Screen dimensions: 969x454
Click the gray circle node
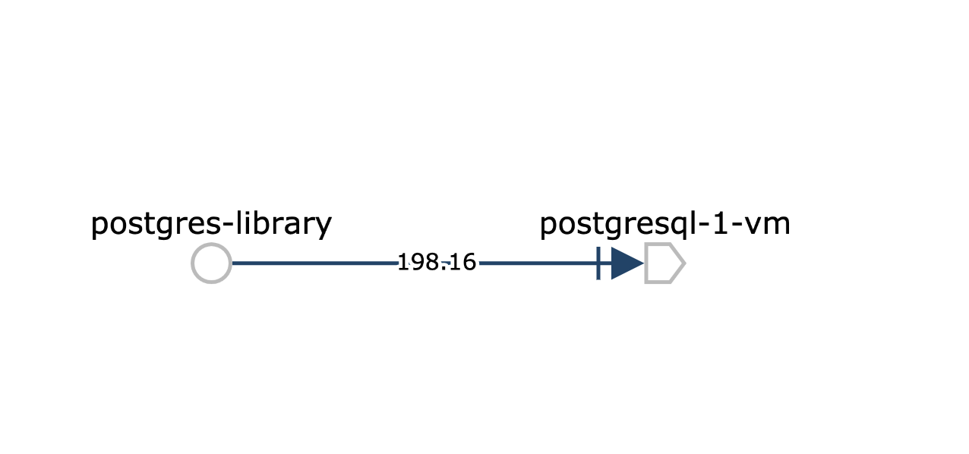point(211,244)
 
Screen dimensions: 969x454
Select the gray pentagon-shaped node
point(645,263)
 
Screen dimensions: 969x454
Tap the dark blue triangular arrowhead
point(627,263)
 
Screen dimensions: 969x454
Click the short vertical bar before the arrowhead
point(598,263)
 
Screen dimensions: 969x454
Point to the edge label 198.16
point(437,263)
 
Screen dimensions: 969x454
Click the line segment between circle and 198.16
point(314,263)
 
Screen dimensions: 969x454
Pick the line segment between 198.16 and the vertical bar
point(538,263)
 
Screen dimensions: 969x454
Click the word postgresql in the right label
point(616,225)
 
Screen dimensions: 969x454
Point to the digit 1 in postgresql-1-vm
point(719,223)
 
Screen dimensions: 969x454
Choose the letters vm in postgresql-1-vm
point(768,226)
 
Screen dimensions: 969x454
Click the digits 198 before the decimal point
point(418,263)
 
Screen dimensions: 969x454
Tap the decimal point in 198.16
point(443,270)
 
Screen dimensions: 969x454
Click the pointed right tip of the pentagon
point(686,263)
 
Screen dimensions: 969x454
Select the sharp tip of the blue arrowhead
point(644,263)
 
